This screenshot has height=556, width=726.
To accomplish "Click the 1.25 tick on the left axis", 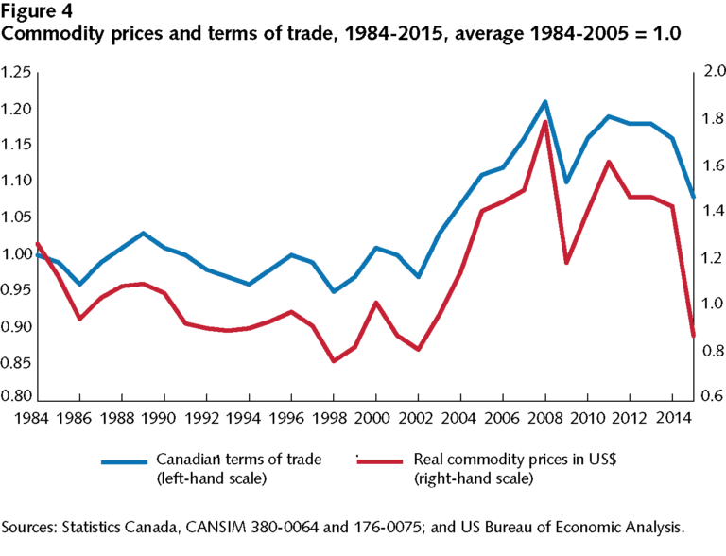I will [18, 73].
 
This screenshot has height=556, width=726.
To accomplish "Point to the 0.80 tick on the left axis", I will [18, 399].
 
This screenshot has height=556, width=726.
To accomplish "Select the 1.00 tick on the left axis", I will [18, 254].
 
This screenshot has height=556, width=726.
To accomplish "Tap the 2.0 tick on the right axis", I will [709, 73].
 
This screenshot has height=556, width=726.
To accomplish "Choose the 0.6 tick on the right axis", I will [709, 397].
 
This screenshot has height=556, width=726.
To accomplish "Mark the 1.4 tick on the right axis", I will [709, 212].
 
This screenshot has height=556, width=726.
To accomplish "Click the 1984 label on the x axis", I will [32, 417].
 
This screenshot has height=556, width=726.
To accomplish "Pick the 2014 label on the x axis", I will [672, 417].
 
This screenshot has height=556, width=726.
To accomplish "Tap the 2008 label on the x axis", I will [544, 417].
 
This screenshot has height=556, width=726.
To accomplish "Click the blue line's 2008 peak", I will [545, 101].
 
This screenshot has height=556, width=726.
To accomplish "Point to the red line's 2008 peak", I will [545, 122].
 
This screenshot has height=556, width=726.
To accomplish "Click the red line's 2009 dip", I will [566, 263].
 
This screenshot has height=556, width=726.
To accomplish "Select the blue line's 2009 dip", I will [566, 182].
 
